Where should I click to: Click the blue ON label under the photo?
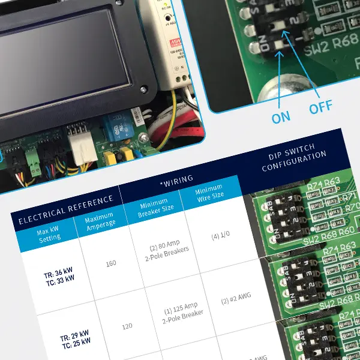tap(281, 117)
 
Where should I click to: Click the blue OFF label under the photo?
tap(320, 109)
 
